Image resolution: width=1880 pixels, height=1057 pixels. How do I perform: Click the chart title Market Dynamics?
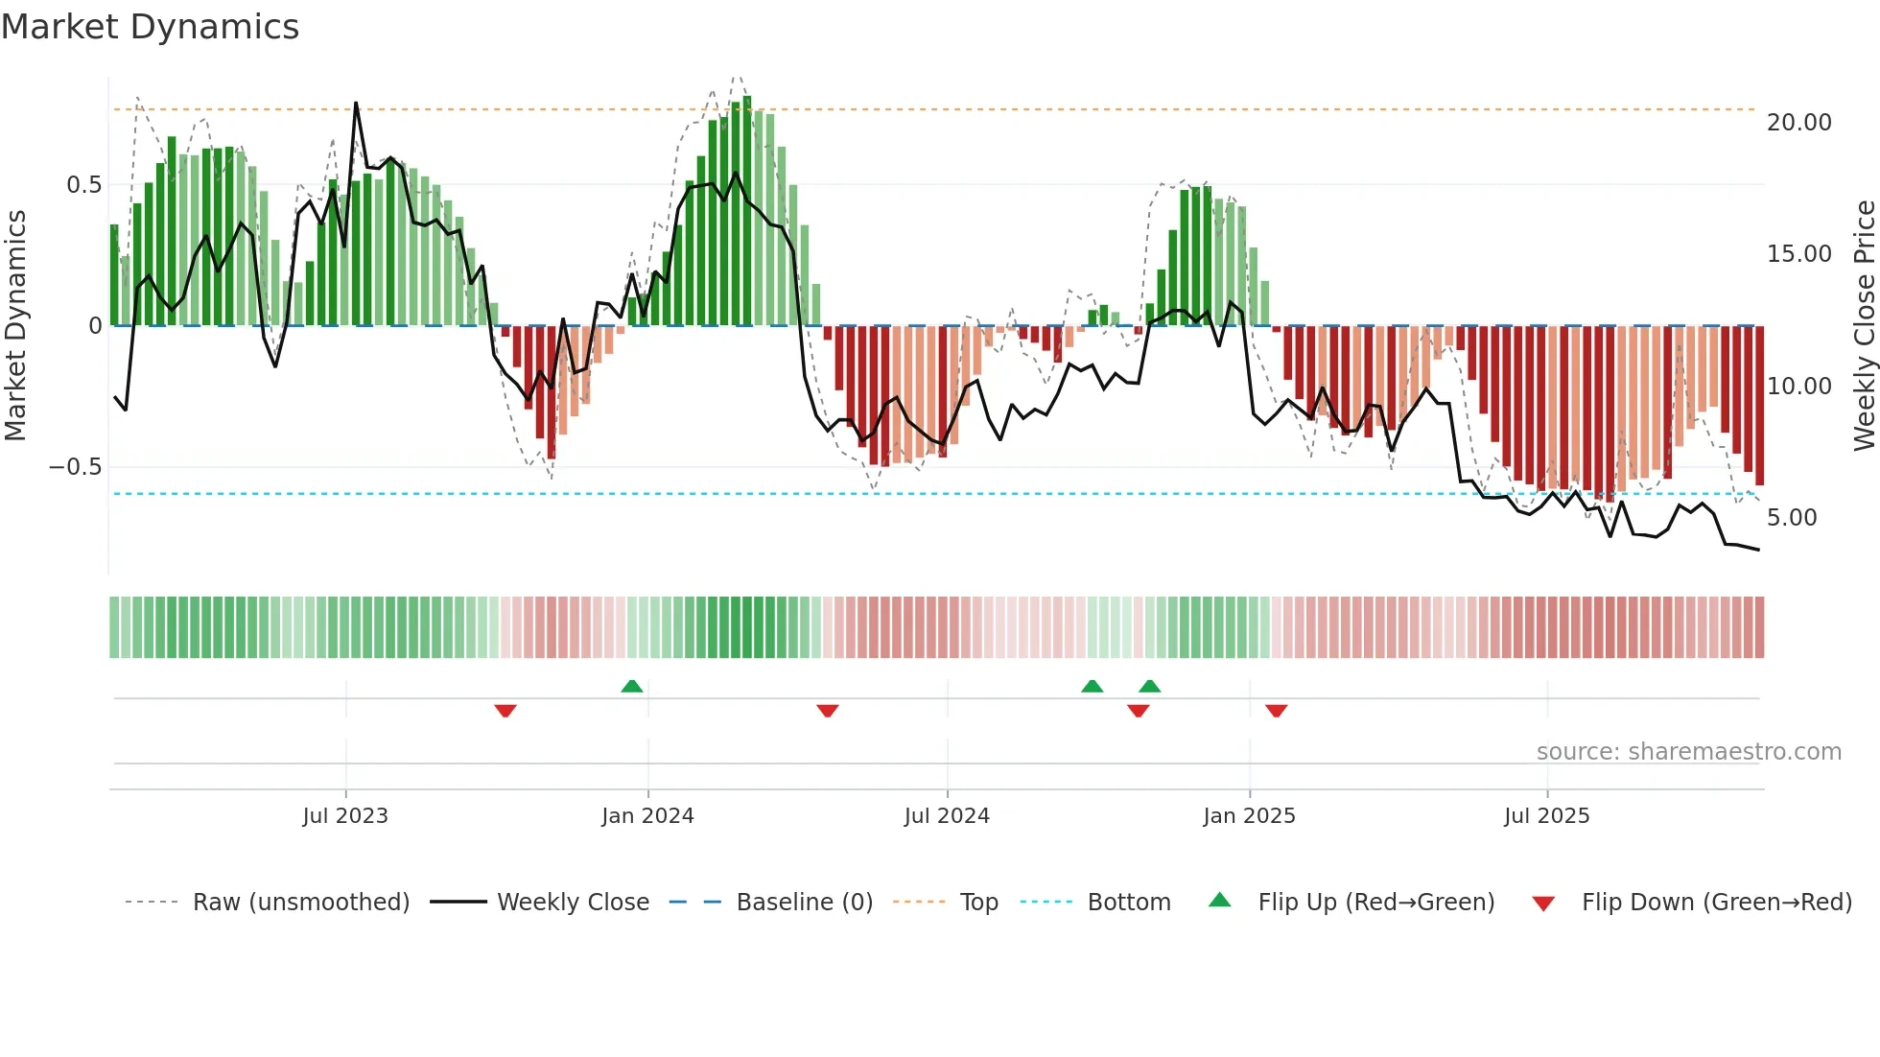151,27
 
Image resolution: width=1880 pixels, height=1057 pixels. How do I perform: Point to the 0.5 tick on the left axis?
83,185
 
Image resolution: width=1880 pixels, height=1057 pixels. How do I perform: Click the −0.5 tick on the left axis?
76,467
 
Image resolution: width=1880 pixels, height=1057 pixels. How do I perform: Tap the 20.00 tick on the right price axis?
1798,123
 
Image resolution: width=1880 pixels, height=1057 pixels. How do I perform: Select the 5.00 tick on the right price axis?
1791,518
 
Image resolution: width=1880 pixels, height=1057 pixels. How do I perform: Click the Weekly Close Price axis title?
1864,326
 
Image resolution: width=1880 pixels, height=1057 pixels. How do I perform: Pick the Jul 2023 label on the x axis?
345,816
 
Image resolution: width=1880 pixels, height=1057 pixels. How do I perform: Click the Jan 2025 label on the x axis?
1249,816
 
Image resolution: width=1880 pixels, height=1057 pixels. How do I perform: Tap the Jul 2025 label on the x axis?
1546,816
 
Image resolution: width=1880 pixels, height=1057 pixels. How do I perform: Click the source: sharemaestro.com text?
1688,752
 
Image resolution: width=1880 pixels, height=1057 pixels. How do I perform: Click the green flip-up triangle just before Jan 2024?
631,686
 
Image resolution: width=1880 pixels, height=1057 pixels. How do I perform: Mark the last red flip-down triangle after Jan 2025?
1276,711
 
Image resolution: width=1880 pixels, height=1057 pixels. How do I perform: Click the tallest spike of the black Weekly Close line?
356,104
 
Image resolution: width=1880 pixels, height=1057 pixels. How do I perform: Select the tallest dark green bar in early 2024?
747,211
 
